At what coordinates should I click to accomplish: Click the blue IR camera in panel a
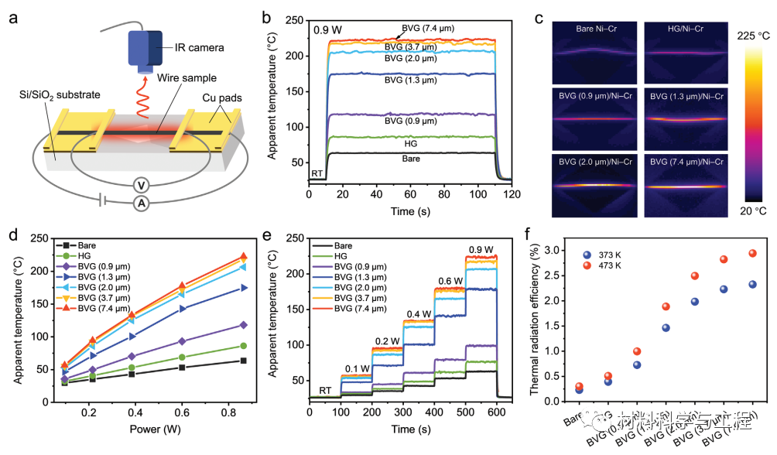coord(145,49)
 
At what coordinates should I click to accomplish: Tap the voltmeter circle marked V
coord(140,184)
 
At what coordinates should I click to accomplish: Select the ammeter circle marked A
coord(140,203)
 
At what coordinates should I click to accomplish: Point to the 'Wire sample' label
coord(187,79)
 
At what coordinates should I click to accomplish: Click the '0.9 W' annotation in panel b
coord(328,31)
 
